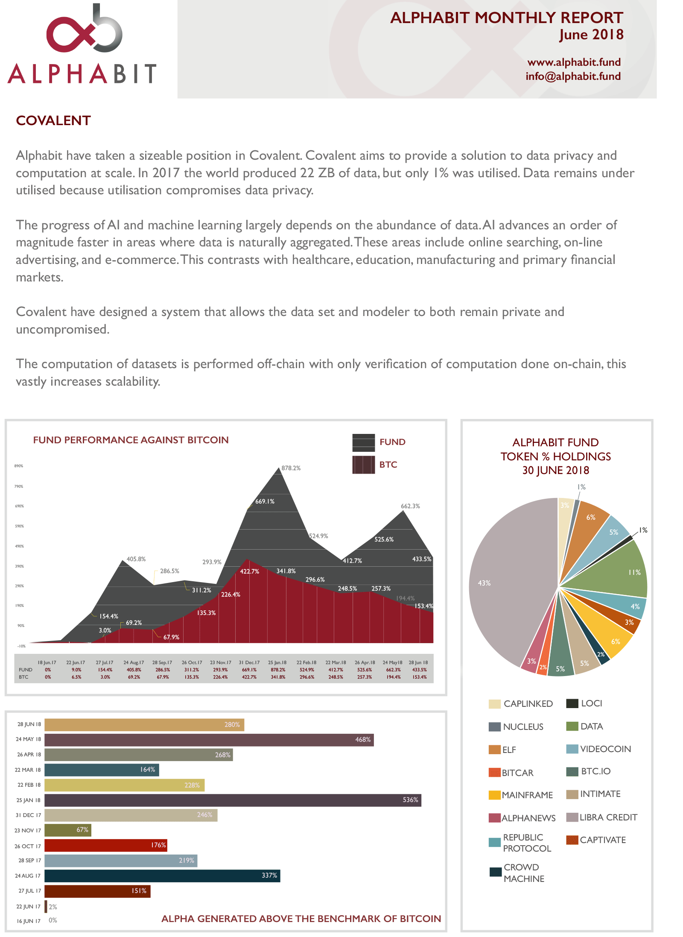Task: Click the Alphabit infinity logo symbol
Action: tap(84, 32)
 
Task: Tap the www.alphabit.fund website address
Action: tap(574, 62)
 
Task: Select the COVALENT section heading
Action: tap(53, 121)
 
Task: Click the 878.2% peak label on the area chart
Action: tap(291, 468)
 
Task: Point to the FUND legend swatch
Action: tap(363, 442)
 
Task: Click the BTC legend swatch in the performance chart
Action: tap(363, 465)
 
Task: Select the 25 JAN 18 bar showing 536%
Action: tap(233, 800)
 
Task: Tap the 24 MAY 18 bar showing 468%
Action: tap(209, 740)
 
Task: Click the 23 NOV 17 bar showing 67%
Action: tap(67, 830)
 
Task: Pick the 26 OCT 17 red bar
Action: tap(105, 845)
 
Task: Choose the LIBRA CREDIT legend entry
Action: tap(602, 817)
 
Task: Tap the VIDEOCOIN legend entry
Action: tap(599, 749)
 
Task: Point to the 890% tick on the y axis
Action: tap(19, 466)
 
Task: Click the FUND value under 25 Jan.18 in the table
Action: tap(278, 670)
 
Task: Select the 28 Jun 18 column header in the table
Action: tap(418, 662)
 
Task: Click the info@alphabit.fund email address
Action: tap(573, 76)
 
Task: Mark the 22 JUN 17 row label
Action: tap(29, 906)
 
